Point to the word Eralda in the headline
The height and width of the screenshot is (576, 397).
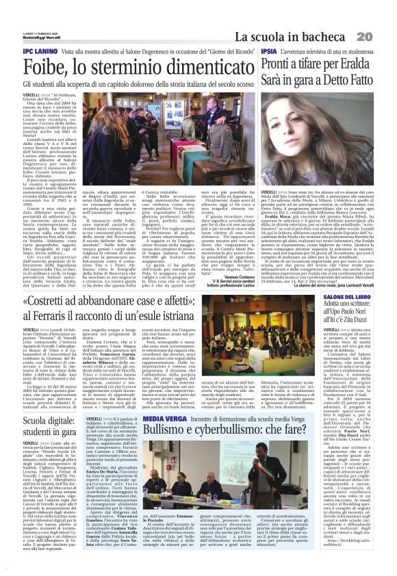[x=357, y=65]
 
